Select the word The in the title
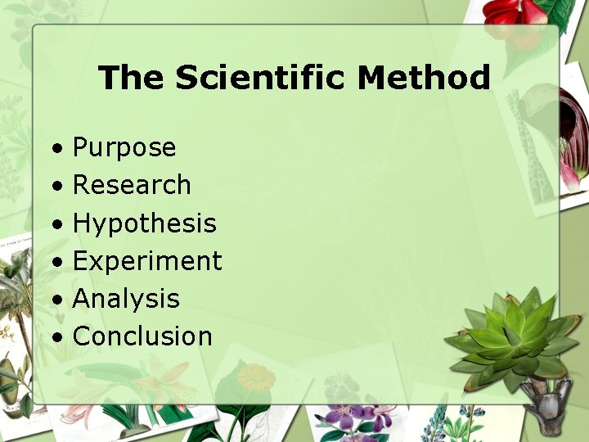[x=132, y=79]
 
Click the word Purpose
[x=124, y=148]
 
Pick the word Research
[x=132, y=185]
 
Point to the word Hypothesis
[x=144, y=223]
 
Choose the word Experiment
[x=147, y=261]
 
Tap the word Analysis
[x=126, y=299]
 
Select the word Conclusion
[x=142, y=336]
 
